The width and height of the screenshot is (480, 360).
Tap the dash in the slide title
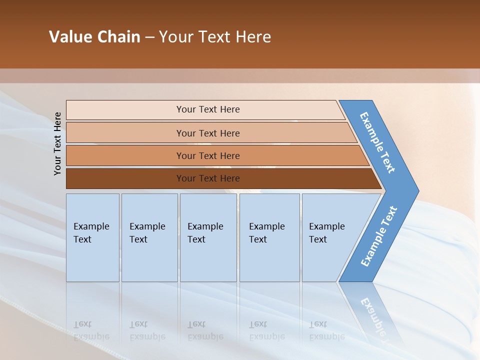coord(149,37)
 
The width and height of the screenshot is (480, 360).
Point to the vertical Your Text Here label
coord(57,143)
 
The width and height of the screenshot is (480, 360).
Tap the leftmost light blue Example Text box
coord(92,237)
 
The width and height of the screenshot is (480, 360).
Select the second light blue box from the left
coord(149,237)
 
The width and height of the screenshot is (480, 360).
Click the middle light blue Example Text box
coord(208,237)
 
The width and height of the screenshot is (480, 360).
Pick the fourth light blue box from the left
coord(269,237)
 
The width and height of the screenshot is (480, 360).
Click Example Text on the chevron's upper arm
coord(377,142)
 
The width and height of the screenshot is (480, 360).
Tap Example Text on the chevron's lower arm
coord(379,236)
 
